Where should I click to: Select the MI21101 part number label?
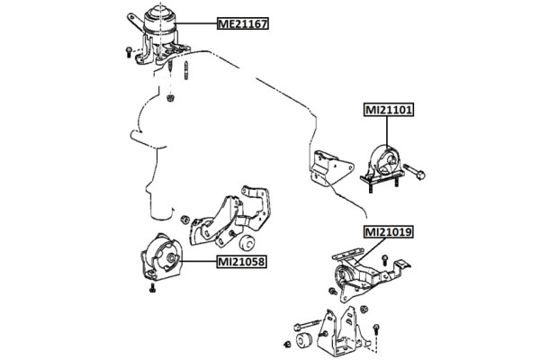[388, 112]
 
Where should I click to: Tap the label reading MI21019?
[388, 231]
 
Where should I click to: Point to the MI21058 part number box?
[242, 263]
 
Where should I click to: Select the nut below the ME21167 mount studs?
[171, 95]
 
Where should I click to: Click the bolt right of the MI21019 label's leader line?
[384, 258]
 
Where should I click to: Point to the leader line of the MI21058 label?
[195, 263]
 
